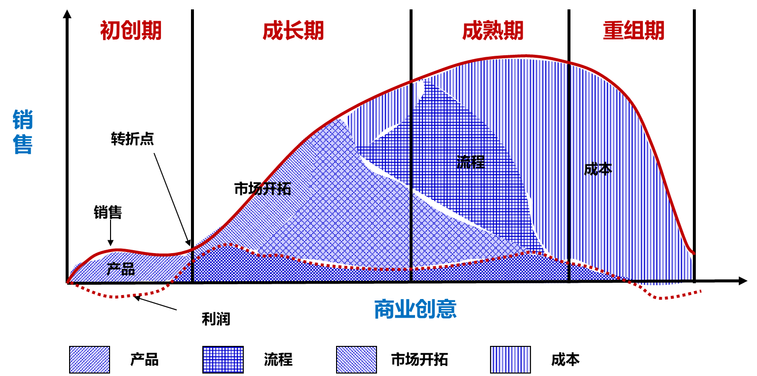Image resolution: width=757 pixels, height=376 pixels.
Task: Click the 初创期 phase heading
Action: pyautogui.click(x=131, y=31)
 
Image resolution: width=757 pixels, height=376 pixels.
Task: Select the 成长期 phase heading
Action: pyautogui.click(x=293, y=31)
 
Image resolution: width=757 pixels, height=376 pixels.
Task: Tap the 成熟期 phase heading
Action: pyautogui.click(x=492, y=31)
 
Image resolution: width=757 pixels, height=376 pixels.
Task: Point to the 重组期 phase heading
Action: pyautogui.click(x=633, y=31)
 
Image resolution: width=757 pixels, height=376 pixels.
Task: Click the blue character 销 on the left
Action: pyautogui.click(x=23, y=120)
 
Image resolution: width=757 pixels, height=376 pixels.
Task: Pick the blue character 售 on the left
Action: pyautogui.click(x=23, y=145)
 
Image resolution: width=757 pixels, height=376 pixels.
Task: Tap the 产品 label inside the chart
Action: pyautogui.click(x=121, y=269)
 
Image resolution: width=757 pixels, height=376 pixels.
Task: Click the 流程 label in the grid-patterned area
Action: pyautogui.click(x=470, y=162)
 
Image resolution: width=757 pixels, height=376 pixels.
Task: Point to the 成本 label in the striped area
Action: pyautogui.click(x=598, y=169)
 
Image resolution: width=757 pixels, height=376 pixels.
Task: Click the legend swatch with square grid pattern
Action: pyautogui.click(x=223, y=359)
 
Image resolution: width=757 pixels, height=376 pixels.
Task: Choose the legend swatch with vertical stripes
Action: pyautogui.click(x=510, y=359)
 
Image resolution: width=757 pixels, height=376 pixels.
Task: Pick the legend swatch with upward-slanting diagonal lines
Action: pyautogui.click(x=89, y=359)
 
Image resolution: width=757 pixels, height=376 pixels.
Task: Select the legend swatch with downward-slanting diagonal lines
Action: pyautogui.click(x=356, y=359)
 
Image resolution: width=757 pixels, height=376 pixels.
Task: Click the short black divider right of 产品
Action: pyautogui.click(x=192, y=266)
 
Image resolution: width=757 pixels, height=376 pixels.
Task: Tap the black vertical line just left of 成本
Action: pyautogui.click(x=569, y=173)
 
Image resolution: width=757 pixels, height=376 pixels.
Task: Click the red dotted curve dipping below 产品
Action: pyautogui.click(x=116, y=297)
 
